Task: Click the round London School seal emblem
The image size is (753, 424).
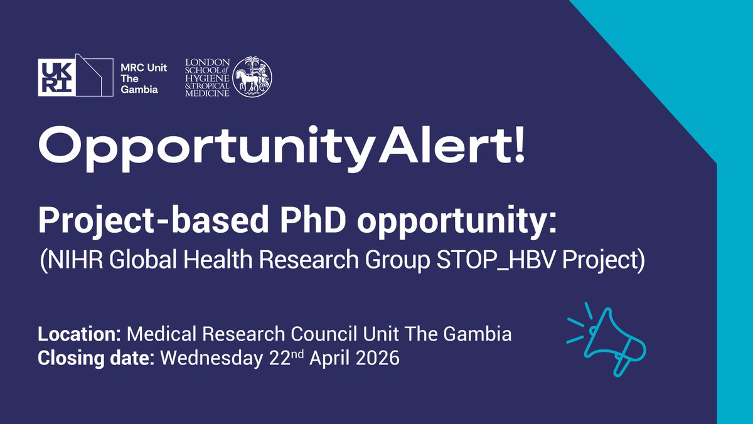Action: [253, 78]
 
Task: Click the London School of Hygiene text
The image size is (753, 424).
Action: [208, 78]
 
